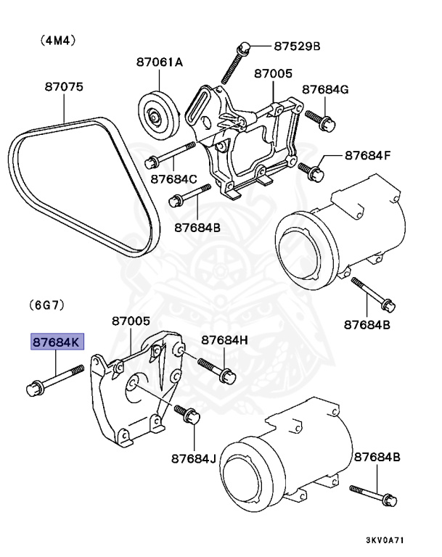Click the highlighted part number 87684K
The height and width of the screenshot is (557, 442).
point(56,342)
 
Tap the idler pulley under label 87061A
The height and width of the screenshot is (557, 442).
point(157,115)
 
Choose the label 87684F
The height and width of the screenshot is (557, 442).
point(367,154)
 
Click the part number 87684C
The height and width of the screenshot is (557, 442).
point(174,178)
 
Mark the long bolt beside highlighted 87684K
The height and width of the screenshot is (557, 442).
point(54,381)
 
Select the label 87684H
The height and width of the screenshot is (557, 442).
point(224,339)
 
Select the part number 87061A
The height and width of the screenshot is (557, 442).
point(159,62)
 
